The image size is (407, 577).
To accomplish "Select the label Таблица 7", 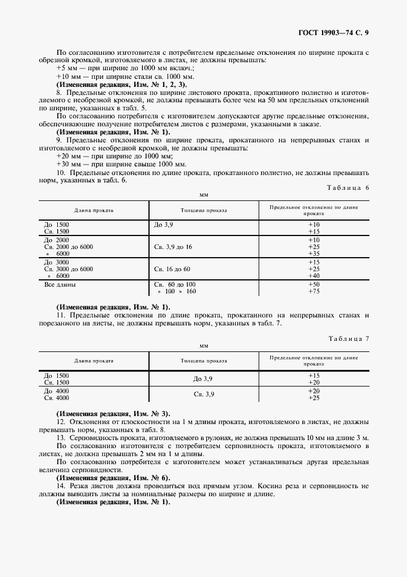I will pos(349,339).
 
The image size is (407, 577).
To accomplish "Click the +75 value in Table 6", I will pos(314,291).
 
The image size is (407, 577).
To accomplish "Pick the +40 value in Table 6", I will pos(314,276).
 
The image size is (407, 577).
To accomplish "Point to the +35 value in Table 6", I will pos(314,253).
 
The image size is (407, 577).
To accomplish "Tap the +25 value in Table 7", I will pos(314,398).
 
